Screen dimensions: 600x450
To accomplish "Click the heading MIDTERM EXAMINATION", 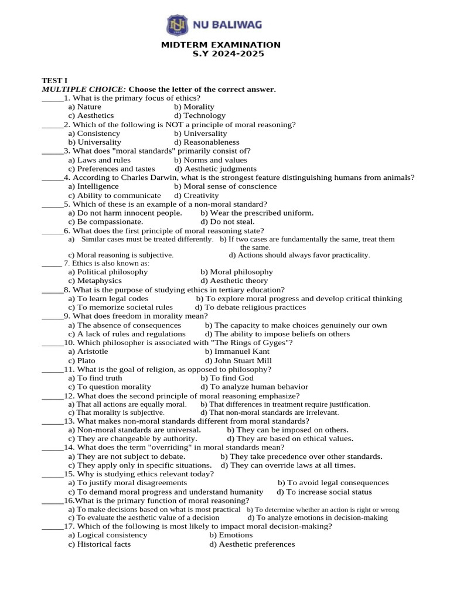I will pos(221,45).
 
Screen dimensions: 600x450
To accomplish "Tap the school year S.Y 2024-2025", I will pos(228,54).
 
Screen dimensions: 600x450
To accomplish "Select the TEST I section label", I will pos(52,80).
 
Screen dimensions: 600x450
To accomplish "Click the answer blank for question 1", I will pos(52,98).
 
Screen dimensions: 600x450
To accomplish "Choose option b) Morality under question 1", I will pos(194,107).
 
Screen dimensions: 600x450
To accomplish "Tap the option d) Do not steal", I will pos(227,222).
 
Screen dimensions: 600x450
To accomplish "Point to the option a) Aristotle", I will pos(88,352).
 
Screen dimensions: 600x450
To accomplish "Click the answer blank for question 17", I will pos(52,526).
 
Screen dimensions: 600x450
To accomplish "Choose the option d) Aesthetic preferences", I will pos(252,544).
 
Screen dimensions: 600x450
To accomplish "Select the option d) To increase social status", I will pos(332,492).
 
